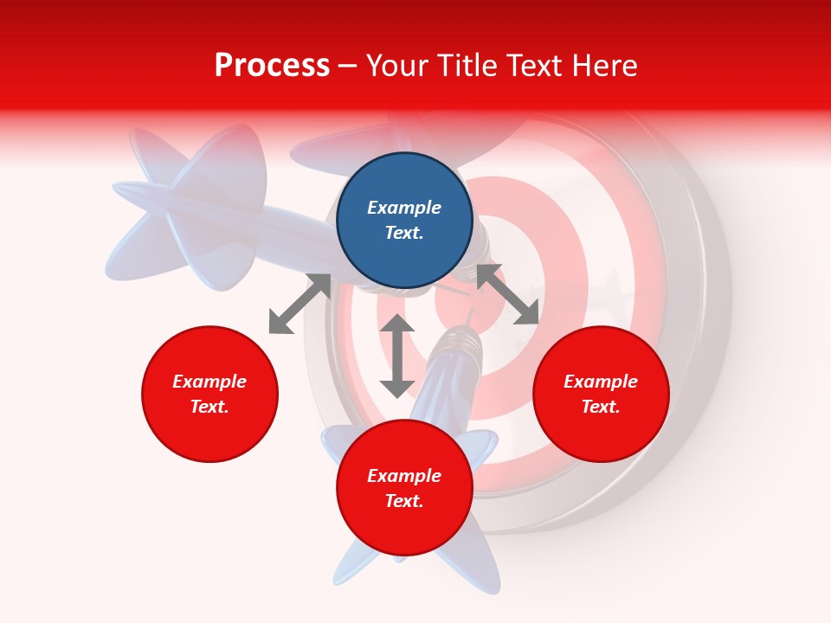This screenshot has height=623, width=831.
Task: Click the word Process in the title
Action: [272, 66]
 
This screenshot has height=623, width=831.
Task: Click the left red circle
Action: [209, 433]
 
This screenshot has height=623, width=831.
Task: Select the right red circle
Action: [601, 433]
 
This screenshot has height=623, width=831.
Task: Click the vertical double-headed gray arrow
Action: [397, 356]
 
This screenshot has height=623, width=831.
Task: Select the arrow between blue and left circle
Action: [300, 304]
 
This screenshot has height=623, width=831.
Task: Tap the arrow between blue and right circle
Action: [508, 294]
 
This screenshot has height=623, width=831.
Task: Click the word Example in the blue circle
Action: [404, 208]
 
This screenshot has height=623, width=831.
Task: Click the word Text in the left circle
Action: [209, 407]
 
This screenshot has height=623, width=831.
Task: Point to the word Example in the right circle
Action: [601, 382]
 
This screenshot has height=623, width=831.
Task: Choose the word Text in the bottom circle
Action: [404, 501]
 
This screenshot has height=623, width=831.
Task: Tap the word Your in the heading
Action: [396, 66]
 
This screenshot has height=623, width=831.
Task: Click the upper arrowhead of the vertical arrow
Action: [397, 324]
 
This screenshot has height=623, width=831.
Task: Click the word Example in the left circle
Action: [209, 382]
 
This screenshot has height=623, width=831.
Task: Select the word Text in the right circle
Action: [601, 407]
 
